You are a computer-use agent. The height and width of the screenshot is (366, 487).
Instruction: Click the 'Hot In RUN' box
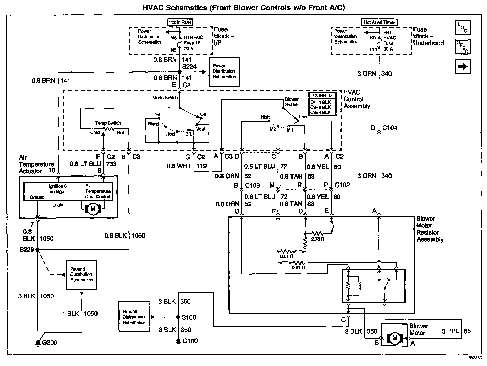click(x=180, y=22)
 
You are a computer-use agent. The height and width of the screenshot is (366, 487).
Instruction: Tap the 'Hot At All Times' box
click(x=379, y=22)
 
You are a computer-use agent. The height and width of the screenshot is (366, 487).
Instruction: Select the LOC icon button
click(x=463, y=27)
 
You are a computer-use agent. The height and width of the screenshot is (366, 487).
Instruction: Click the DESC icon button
click(x=463, y=47)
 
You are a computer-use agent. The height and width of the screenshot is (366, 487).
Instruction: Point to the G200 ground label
click(x=50, y=343)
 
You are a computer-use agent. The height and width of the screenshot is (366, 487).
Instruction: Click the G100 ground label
click(x=190, y=341)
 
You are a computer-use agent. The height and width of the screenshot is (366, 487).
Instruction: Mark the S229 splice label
click(x=27, y=250)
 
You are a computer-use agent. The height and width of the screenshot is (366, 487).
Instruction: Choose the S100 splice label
click(x=189, y=317)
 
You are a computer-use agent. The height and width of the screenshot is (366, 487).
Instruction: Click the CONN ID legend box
click(x=322, y=104)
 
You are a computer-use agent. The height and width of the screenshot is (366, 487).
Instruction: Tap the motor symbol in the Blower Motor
click(x=395, y=338)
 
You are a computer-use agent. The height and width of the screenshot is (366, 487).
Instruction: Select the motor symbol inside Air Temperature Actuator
click(x=93, y=209)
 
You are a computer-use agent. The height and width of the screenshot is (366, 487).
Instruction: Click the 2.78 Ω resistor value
click(x=318, y=239)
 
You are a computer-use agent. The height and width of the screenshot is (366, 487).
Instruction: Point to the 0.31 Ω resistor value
click(x=298, y=268)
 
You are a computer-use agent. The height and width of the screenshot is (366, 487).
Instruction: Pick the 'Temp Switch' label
click(x=108, y=123)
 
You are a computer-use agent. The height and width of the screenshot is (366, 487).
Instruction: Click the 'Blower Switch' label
click(x=292, y=102)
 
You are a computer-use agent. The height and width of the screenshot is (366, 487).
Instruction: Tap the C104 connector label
click(x=389, y=128)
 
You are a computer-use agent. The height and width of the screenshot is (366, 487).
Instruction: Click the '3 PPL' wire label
click(x=450, y=331)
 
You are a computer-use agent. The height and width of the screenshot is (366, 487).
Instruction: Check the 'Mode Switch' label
click(x=165, y=98)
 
